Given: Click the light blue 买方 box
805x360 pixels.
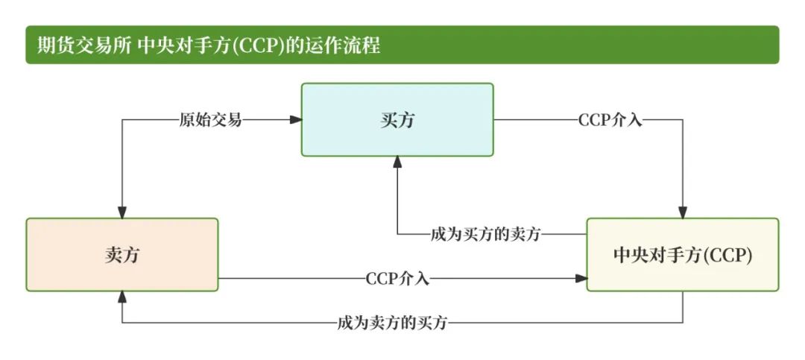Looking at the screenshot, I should click(x=397, y=119).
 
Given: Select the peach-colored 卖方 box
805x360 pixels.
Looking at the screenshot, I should click(x=122, y=254).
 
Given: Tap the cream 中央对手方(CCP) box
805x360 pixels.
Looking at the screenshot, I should click(x=683, y=254).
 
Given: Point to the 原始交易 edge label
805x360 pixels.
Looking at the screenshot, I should click(x=210, y=119).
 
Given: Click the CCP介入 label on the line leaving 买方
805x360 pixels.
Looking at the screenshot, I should click(x=610, y=119).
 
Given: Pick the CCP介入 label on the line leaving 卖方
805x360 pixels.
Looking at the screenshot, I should click(x=397, y=279).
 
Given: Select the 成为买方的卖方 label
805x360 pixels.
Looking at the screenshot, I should click(x=485, y=233).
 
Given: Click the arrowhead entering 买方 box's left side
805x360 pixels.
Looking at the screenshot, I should click(x=297, y=119).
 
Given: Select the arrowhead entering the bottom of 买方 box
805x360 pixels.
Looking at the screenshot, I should click(x=397, y=161).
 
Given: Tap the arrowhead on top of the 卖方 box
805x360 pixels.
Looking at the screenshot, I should click(x=122, y=213).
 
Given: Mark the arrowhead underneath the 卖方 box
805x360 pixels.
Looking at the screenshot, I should click(x=122, y=296).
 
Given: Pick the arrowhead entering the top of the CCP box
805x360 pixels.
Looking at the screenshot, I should click(x=683, y=213).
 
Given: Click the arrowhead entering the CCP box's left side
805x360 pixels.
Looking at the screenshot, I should click(x=582, y=279).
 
